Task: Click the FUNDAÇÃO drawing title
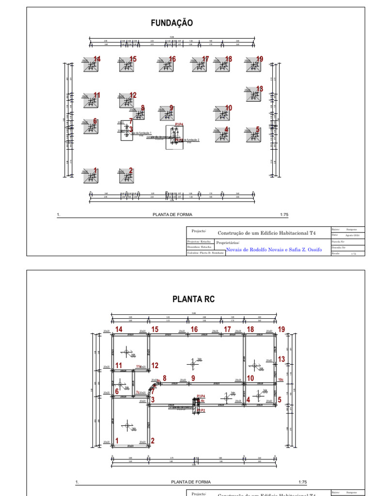pyautogui.click(x=172, y=23)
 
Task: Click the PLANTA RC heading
pyautogui.click(x=193, y=299)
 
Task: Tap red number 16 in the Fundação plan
pyautogui.click(x=172, y=59)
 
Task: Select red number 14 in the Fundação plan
pyautogui.click(x=97, y=59)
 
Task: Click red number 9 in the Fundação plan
pyautogui.click(x=171, y=108)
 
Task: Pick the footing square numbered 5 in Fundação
pyautogui.click(x=252, y=135)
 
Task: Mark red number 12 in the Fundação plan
pyautogui.click(x=133, y=95)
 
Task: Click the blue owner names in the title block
pyautogui.click(x=274, y=250)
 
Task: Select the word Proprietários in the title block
pyautogui.click(x=228, y=243)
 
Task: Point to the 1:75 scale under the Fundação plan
pyautogui.click(x=284, y=214)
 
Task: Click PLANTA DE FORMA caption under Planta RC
pyautogui.click(x=191, y=482)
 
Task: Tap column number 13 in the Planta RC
pyautogui.click(x=281, y=359)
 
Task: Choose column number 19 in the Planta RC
pyautogui.click(x=281, y=329)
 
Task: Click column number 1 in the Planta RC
pyautogui.click(x=117, y=441)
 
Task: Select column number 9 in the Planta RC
pyautogui.click(x=193, y=378)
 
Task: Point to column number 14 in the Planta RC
pyautogui.click(x=119, y=329)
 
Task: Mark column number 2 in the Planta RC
pyautogui.click(x=153, y=441)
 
